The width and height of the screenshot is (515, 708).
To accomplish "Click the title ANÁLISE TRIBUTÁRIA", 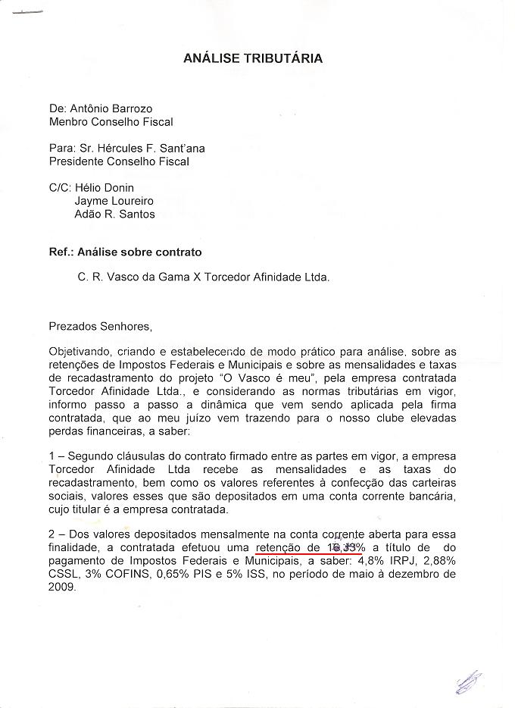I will click(x=253, y=58).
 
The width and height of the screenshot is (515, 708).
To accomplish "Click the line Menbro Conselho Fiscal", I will click(x=111, y=121).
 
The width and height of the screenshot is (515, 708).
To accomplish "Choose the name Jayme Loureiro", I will click(x=114, y=201).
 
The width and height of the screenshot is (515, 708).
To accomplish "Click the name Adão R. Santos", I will click(x=114, y=214).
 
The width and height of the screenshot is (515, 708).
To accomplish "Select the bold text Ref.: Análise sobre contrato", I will click(x=125, y=252).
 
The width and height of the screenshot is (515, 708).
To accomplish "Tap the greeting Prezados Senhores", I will click(x=100, y=327).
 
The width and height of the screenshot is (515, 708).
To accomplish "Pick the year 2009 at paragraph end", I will click(x=61, y=587).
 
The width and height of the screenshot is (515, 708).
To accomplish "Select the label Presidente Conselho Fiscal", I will click(x=119, y=161).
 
